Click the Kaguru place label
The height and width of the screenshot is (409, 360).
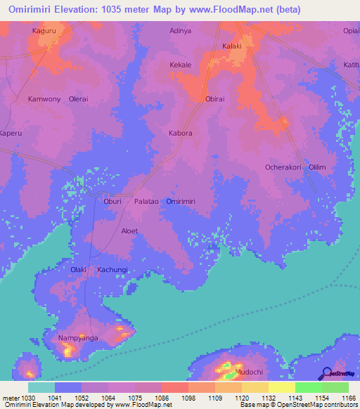pyautogui.click(x=43, y=32)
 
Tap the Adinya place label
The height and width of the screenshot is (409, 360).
pyautogui.click(x=181, y=32)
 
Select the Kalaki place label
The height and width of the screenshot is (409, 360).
pyautogui.click(x=232, y=46)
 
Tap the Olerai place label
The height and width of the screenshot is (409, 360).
pyautogui.click(x=78, y=99)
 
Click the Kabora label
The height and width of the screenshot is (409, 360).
pyautogui.click(x=181, y=133)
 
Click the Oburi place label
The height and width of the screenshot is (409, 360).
pyautogui.click(x=112, y=201)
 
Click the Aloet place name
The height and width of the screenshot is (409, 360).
pyautogui.click(x=129, y=231)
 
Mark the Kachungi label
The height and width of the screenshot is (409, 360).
pyautogui.click(x=112, y=270)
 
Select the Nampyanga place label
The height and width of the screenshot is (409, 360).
pyautogui.click(x=77, y=338)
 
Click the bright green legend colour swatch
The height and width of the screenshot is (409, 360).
pyautogui.click(x=309, y=387)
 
